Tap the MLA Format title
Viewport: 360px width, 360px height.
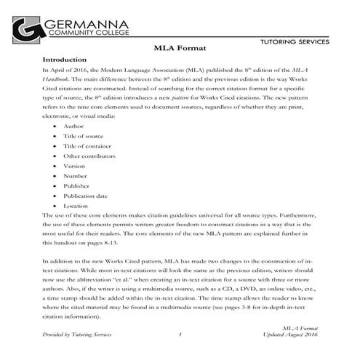tap(180, 48)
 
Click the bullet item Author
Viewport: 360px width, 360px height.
tap(73, 126)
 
